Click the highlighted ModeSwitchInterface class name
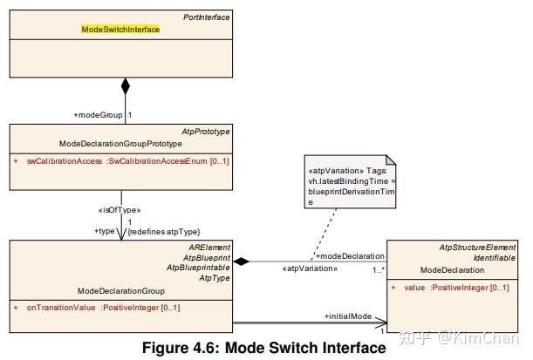pos(120,29)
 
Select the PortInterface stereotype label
pos(206,17)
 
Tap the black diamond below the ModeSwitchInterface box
pos(125,86)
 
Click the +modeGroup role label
pos(98,114)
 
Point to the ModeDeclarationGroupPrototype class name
pos(120,143)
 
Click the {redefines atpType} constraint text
pos(163,231)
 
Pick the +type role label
pos(106,231)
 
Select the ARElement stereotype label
pos(210,248)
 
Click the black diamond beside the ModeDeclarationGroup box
pos(243,261)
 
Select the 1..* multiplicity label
pos(379,269)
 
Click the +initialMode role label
pos(350,316)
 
